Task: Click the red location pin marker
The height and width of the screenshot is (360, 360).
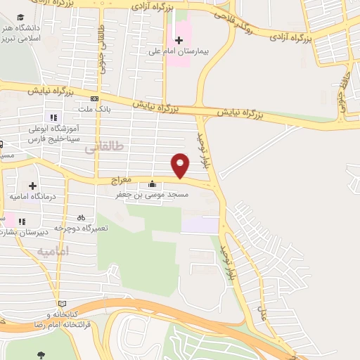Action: pyautogui.click(x=181, y=165)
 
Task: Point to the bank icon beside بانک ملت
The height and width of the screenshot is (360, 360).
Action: pyautogui.click(x=94, y=99)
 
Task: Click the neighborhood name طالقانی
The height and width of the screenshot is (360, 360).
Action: pyautogui.click(x=103, y=148)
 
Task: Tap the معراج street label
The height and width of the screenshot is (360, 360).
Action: pyautogui.click(x=122, y=181)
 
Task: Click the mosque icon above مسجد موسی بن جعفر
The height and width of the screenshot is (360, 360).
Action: pyautogui.click(x=153, y=184)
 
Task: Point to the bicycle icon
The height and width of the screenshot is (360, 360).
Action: pyautogui.click(x=82, y=217)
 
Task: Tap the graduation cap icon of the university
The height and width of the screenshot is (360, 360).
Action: pyautogui.click(x=21, y=16)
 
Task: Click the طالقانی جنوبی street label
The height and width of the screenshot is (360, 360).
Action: pyautogui.click(x=101, y=44)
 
